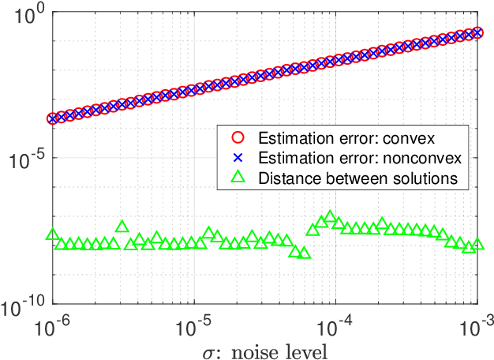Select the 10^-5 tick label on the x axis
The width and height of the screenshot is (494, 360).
195,323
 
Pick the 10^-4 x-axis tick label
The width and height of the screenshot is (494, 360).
336,323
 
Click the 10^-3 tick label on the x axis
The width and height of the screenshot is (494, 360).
476,323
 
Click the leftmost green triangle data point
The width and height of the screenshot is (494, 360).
53,234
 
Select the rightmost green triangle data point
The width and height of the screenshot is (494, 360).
477,245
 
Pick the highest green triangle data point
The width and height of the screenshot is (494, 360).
330,216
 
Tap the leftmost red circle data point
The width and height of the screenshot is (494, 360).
53,118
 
